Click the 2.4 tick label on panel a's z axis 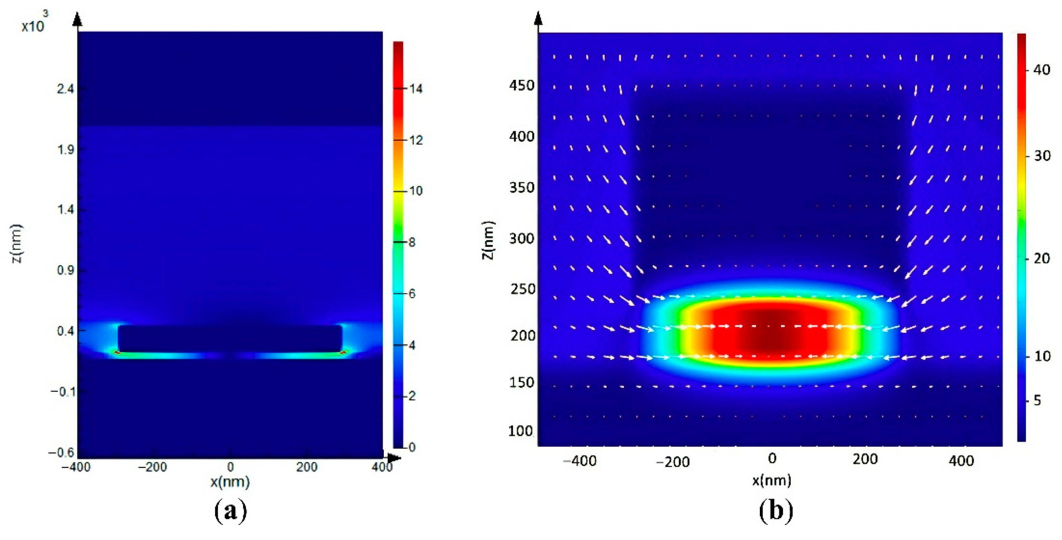tap(65, 89)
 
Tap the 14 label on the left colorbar tap(416, 89)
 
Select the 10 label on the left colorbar tap(416, 191)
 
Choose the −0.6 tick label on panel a tap(61, 453)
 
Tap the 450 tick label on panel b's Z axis tap(522, 86)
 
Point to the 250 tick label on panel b tap(522, 289)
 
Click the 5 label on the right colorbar tap(1037, 400)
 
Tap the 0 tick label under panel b tap(772, 458)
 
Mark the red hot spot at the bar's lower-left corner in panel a tap(117, 352)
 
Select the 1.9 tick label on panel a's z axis tap(65, 149)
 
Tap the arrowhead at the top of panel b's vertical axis tap(538, 18)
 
